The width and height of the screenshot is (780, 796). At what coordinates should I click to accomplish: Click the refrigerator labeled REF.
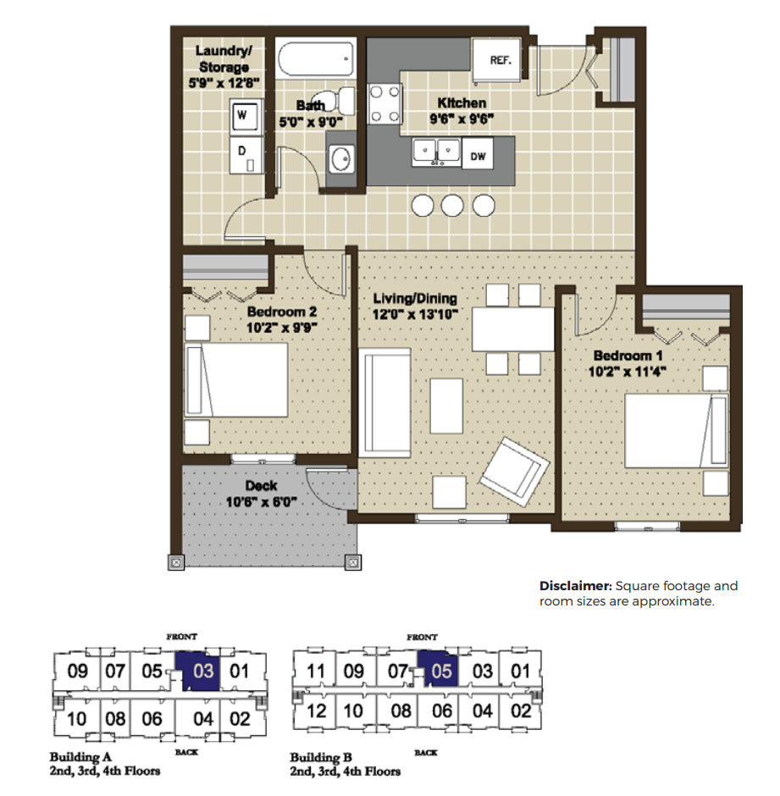[496, 59]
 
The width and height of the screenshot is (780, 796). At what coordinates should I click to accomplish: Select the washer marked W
[246, 115]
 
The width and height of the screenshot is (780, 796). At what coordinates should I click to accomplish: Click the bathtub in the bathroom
[315, 59]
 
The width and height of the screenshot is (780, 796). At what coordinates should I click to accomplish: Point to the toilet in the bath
[338, 101]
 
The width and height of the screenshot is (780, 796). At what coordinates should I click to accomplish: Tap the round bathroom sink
[341, 159]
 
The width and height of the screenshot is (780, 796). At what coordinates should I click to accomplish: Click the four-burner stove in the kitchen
[385, 104]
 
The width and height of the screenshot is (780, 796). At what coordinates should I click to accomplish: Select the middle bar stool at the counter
[452, 206]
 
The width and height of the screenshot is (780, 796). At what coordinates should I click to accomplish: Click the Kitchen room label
[462, 103]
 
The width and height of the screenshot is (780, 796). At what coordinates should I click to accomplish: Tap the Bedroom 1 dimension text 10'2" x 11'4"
[627, 372]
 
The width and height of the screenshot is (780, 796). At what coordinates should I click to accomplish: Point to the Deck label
[261, 486]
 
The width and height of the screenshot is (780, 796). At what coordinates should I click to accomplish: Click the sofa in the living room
[384, 402]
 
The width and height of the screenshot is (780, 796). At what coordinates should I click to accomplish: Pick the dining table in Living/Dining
[513, 329]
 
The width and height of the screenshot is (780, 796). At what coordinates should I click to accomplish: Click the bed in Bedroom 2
[236, 379]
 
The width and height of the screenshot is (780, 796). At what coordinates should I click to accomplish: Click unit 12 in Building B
[316, 710]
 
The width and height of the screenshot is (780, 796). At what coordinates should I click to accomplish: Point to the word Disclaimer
[575, 586]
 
